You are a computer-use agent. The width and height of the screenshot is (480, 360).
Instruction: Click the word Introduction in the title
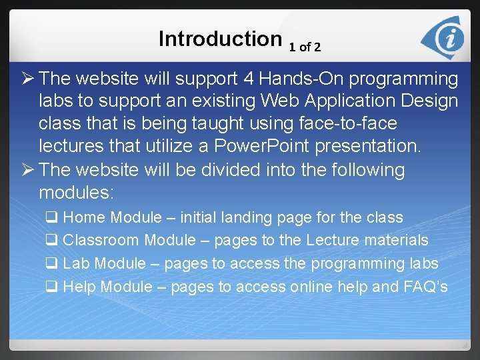pos(220,39)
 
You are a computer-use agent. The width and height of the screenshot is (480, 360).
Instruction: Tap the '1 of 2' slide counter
pos(305,47)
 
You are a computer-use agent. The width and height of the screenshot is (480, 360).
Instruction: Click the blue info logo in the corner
pos(446,39)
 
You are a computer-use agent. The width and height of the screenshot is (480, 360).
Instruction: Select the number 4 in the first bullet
pos(248,79)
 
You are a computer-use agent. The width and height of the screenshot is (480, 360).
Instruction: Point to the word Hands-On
pos(302,79)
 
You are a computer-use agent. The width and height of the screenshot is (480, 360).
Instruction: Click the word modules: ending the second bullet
pos(77,193)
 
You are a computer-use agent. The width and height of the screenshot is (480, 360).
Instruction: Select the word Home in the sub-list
pos(85,217)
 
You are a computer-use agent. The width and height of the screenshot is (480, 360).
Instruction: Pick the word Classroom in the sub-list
pos(101,240)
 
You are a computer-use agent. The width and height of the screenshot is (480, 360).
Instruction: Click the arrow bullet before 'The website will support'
pos(28,79)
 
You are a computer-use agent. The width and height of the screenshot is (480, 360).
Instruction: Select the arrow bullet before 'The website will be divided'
pos(28,171)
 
